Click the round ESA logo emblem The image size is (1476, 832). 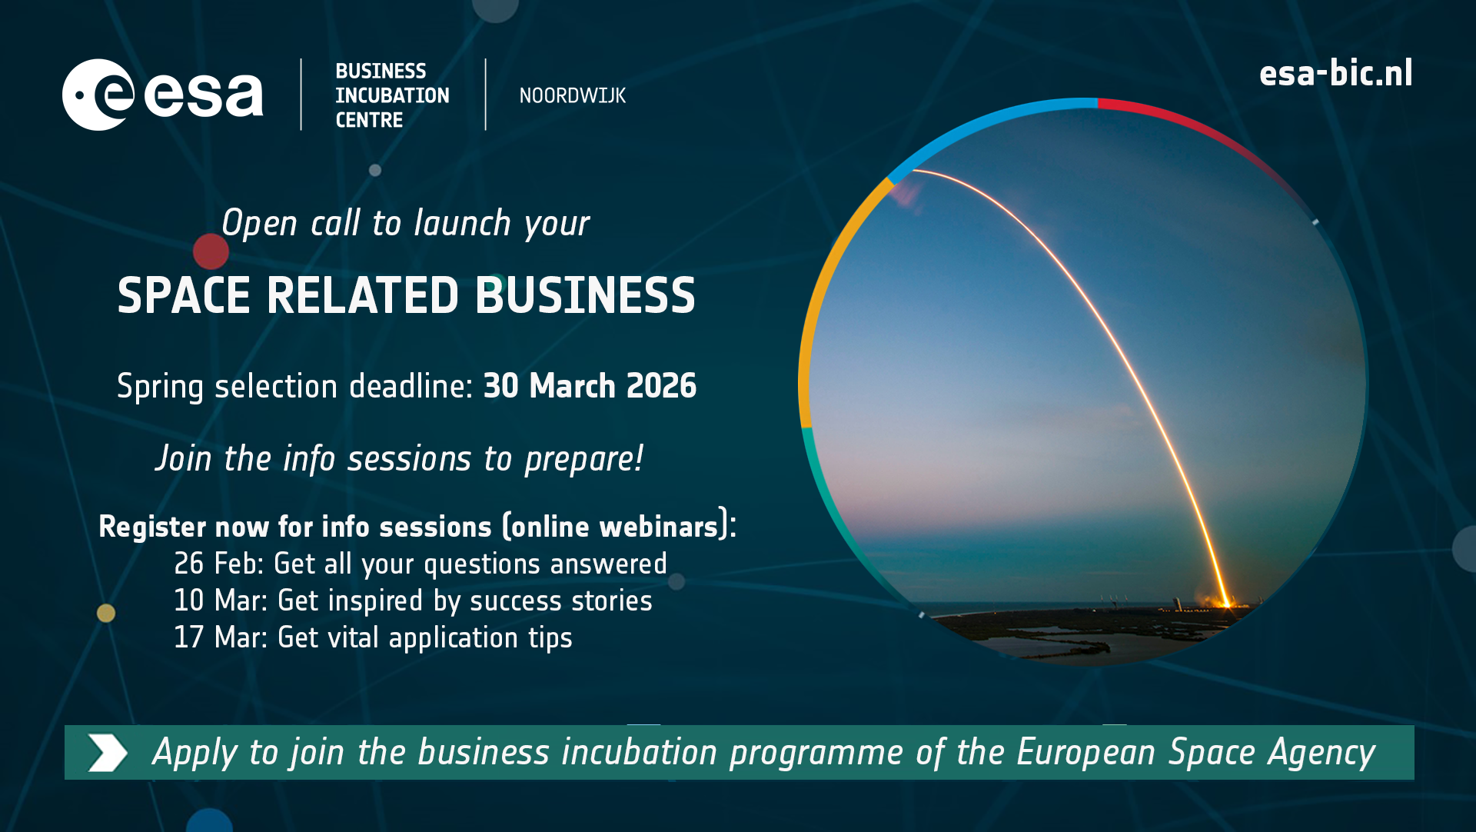tap(98, 95)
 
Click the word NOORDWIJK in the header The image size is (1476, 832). tap(572, 95)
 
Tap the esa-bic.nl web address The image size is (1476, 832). tap(1335, 74)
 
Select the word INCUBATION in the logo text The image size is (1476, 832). tap(392, 95)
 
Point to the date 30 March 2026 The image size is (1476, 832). tap(590, 386)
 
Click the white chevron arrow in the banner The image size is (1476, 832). tap(108, 752)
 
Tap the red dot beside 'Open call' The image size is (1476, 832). tap(211, 251)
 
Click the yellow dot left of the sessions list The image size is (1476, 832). tap(106, 613)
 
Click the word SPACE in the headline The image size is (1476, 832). tap(184, 296)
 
